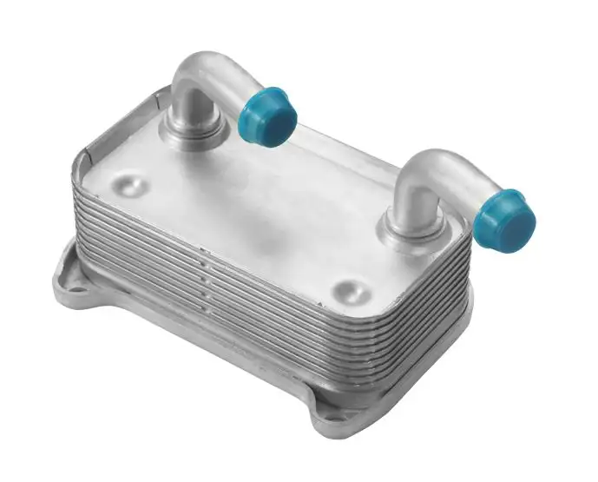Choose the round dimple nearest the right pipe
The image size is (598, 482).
click(350, 287)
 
